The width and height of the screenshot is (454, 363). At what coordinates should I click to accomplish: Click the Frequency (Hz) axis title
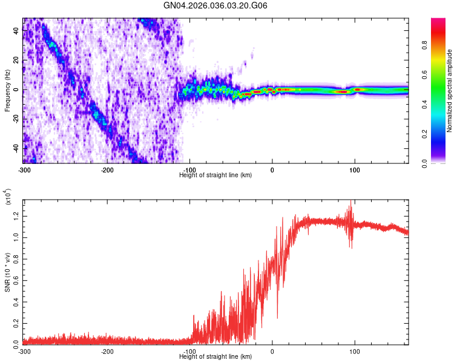click(7, 91)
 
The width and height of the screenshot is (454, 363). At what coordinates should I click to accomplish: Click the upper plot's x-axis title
click(215, 175)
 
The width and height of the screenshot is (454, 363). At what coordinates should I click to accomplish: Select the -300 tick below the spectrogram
click(24, 169)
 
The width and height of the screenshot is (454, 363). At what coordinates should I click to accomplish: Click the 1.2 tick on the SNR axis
click(16, 215)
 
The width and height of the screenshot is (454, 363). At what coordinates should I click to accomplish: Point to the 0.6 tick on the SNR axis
click(16, 279)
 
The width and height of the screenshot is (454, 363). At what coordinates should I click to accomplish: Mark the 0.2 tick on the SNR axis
click(16, 322)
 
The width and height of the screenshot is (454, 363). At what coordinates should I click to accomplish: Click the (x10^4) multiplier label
click(8, 197)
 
